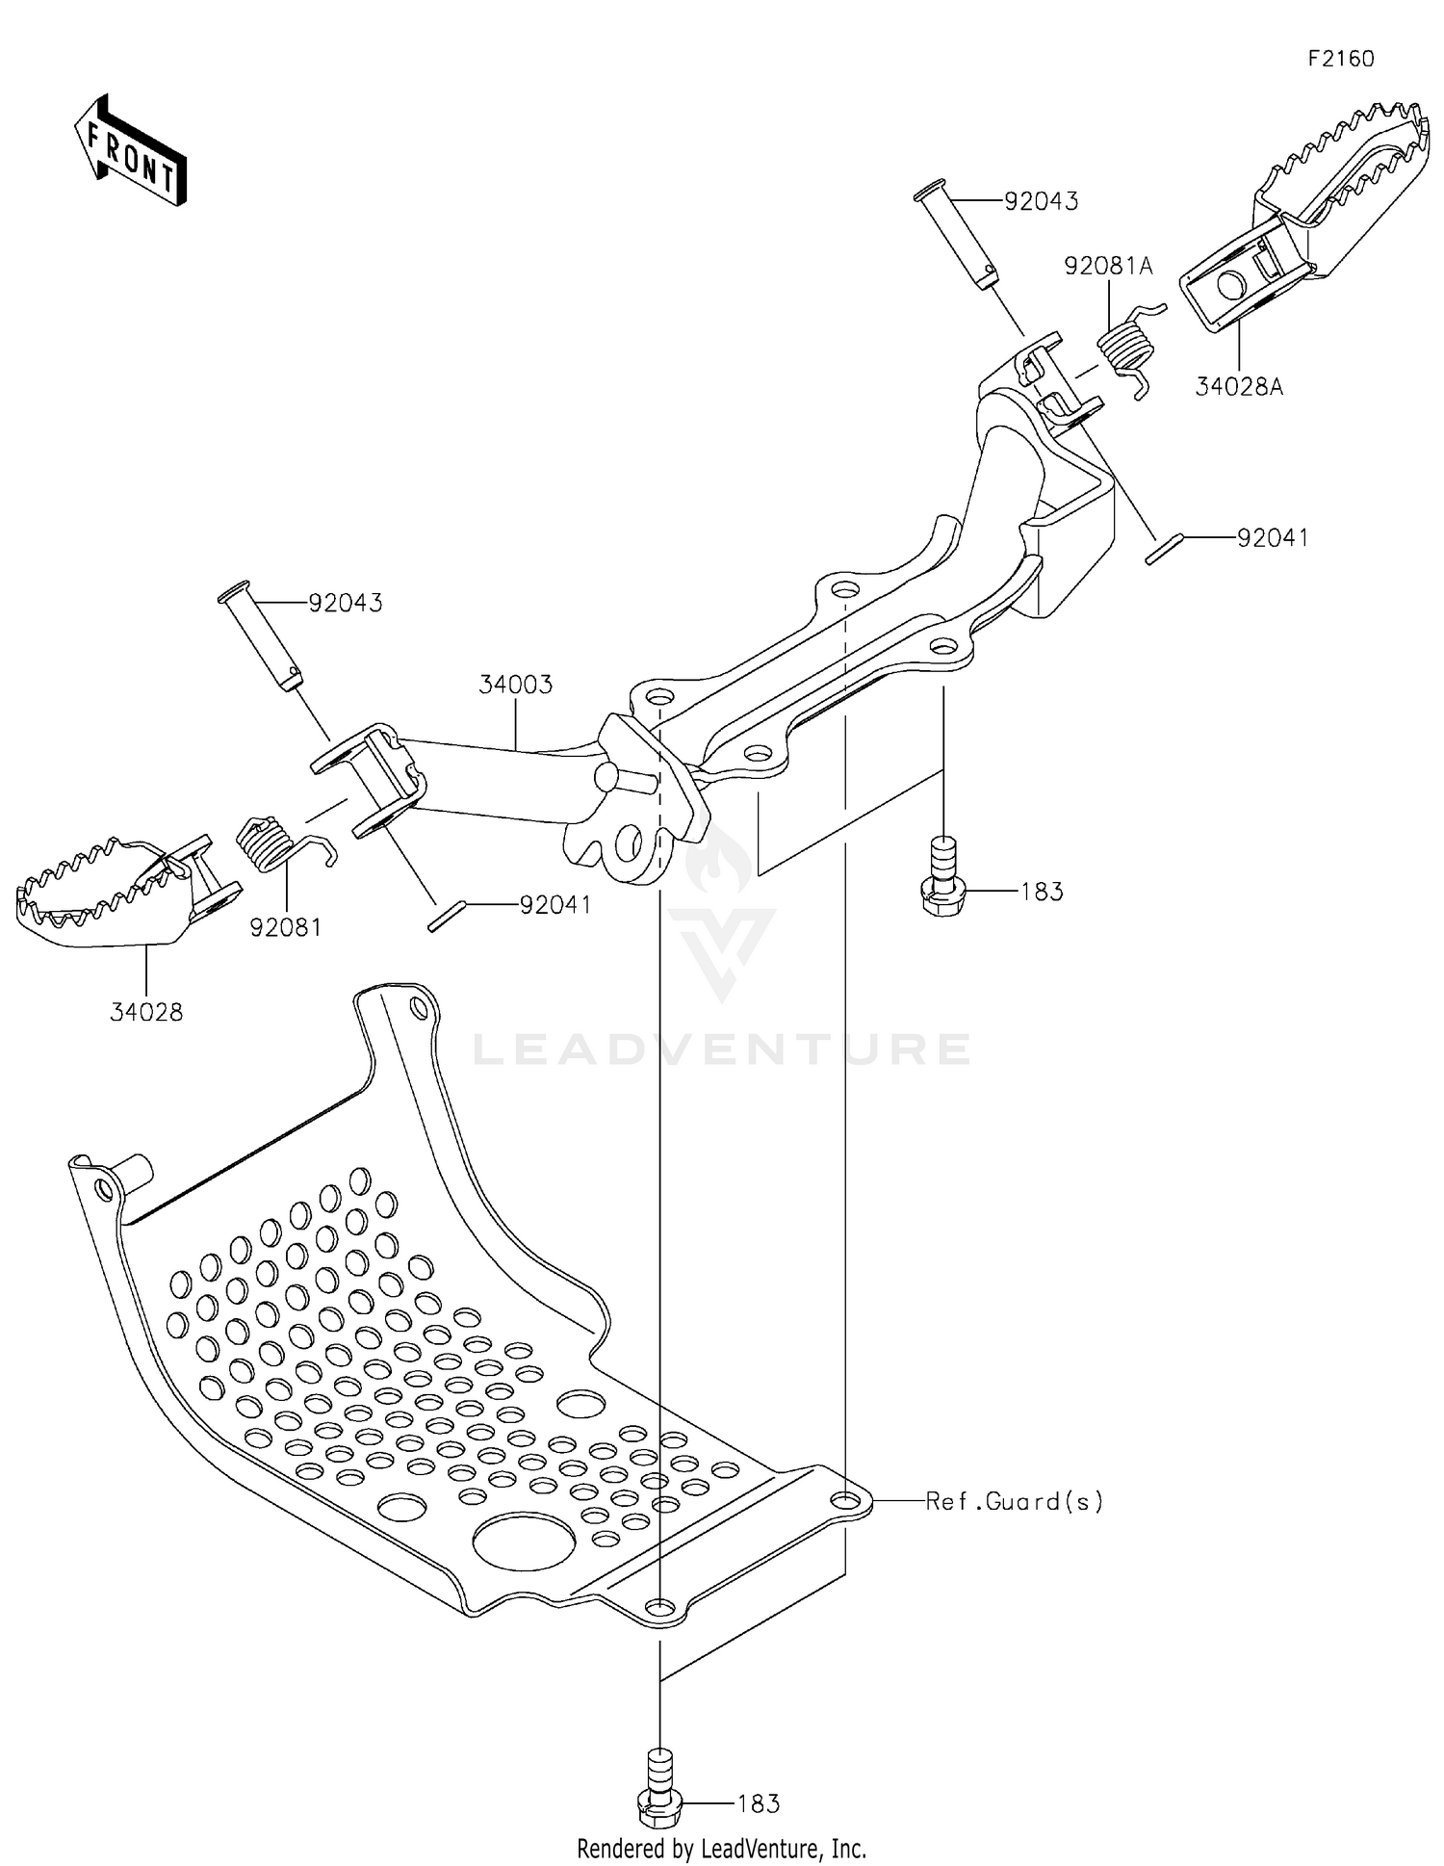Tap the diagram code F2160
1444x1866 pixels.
click(1341, 59)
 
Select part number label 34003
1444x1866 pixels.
click(516, 685)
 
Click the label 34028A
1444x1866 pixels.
click(1240, 387)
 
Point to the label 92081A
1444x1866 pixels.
click(1108, 266)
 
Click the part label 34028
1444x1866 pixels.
click(146, 1012)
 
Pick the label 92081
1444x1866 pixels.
click(285, 927)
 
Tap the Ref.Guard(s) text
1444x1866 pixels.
click(1014, 1501)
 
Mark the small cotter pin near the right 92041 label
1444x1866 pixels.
click(1163, 553)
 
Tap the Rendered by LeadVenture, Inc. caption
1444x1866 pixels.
click(721, 1849)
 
